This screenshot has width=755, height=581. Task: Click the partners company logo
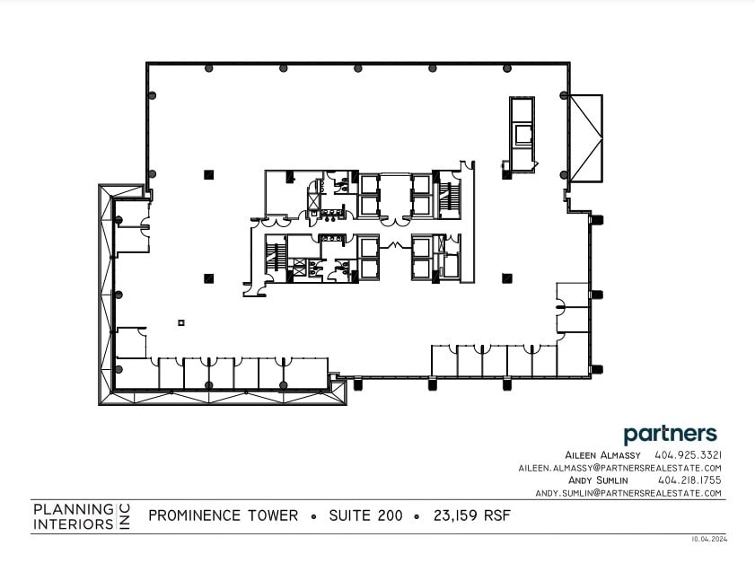click(670, 434)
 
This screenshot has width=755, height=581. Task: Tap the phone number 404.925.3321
click(689, 455)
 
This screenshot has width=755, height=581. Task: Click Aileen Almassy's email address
click(619, 468)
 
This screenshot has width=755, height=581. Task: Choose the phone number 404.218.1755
click(689, 480)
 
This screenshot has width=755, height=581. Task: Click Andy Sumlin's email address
click(628, 493)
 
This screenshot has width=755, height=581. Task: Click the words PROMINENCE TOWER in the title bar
click(223, 515)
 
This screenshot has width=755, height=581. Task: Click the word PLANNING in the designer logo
click(73, 508)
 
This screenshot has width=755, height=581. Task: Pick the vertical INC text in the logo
click(125, 515)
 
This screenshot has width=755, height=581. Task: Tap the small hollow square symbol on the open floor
click(180, 322)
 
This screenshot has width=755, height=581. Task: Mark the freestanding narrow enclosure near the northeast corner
click(522, 133)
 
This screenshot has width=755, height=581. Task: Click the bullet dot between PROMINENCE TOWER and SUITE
click(313, 516)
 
